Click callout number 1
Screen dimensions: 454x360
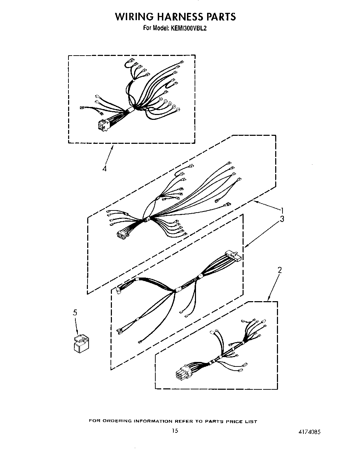click(x=283, y=211)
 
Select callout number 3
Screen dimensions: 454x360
click(x=282, y=219)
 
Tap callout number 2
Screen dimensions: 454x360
click(x=280, y=270)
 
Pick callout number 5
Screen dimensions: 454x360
click(x=75, y=313)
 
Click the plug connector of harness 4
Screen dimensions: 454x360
click(x=103, y=125)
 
